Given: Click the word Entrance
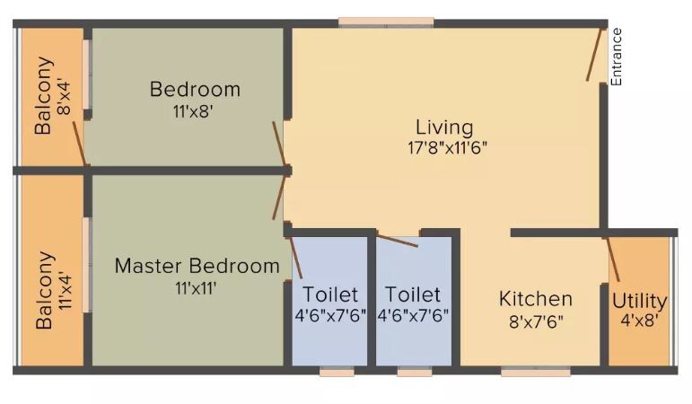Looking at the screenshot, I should coord(616,57).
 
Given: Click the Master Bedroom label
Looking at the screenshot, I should coord(197,267).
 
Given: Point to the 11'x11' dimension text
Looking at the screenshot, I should coord(197,288).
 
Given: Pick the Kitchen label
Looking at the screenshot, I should coord(536,299).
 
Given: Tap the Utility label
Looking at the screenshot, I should coord(639,300).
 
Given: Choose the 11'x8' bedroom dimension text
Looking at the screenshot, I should coord(195,111).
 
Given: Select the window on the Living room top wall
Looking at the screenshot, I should coord(386,22).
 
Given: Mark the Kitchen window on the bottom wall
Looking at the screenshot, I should coord(535,371).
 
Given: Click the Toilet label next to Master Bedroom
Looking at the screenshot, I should coord(330,294).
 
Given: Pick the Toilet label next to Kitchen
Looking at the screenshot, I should coord(413,294).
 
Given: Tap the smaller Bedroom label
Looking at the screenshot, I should coord(195,90).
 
